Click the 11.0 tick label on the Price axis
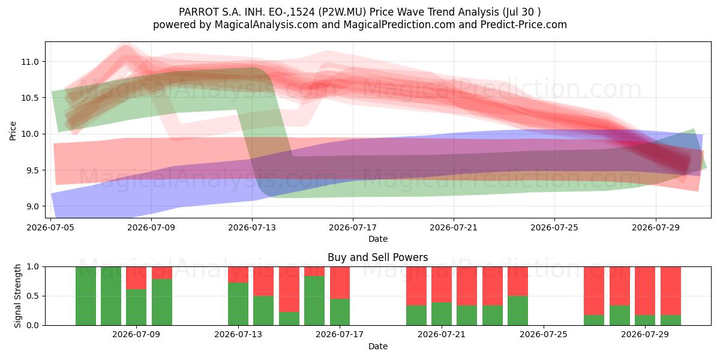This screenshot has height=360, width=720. (30, 62)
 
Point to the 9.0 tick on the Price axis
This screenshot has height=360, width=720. (32, 206)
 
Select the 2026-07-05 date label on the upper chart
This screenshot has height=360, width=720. (50, 227)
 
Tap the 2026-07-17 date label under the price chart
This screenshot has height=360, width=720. (353, 227)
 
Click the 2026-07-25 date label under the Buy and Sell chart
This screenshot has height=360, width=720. (544, 334)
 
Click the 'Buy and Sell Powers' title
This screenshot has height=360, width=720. (377, 257)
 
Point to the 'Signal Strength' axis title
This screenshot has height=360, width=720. (17, 296)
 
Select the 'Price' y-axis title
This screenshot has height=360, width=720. (13, 131)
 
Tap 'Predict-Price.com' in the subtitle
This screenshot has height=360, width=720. (524, 25)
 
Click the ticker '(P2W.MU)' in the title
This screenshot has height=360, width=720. (342, 12)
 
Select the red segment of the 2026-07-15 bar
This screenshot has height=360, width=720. (289, 289)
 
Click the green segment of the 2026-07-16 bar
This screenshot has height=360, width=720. (314, 301)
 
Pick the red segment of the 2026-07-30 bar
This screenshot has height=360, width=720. (671, 291)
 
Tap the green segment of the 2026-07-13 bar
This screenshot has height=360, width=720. (238, 304)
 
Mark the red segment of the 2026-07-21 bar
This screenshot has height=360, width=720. (442, 284)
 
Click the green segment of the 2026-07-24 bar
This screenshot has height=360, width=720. (518, 311)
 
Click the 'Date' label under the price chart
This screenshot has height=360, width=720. (377, 239)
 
